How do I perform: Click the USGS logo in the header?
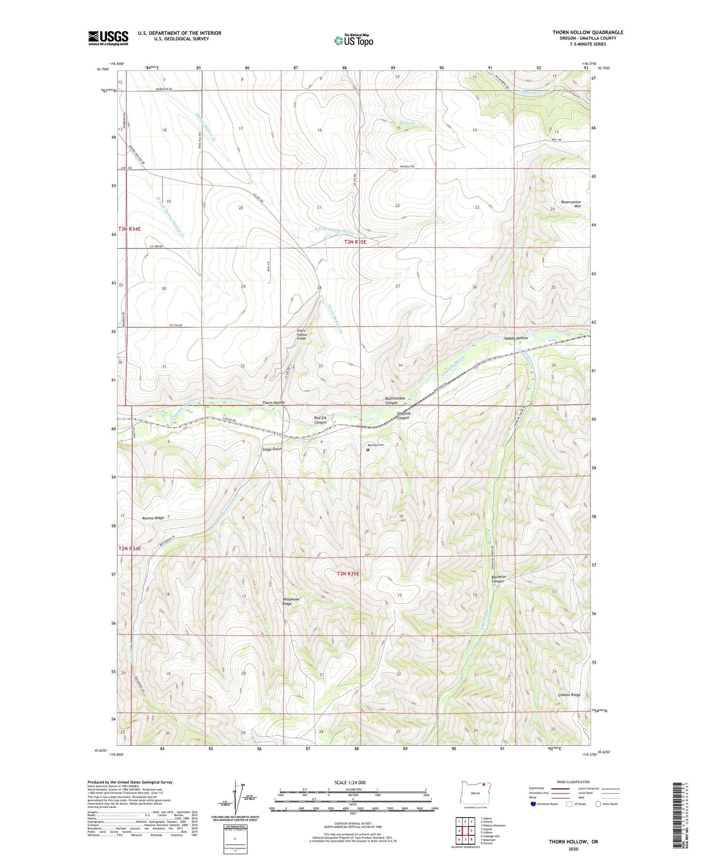pos(108,38)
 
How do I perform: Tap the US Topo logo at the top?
pos(353,40)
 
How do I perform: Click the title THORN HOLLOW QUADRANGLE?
pos(587,32)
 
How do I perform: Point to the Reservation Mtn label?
pos(571,204)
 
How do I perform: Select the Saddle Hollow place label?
pos(516,338)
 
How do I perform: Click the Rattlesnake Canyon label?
pos(395,400)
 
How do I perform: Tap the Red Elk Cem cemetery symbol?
pos(368,449)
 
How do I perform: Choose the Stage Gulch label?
pos(272,449)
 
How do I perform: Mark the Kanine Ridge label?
pos(153,518)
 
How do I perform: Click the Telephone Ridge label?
pos(290,601)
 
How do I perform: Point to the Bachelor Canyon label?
pos(498,579)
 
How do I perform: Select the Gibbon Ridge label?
pos(569,695)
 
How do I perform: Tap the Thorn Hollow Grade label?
pos(301,335)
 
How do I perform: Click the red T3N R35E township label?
pos(355,242)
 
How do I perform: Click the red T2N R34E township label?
pos(129,549)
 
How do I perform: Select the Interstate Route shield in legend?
pos(533,804)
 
